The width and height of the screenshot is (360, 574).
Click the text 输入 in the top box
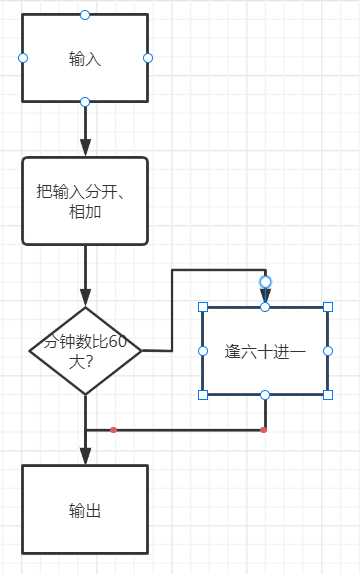pos(85,59)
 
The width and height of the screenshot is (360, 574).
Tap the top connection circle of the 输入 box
pos(85,14)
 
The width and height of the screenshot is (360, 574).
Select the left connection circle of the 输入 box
pos(22,58)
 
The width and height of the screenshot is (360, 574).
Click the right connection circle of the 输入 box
pos(148,58)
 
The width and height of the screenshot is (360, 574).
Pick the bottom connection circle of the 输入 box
pos(85,102)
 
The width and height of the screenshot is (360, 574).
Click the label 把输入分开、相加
pos(85,200)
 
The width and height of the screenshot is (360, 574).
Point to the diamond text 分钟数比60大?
pos(84,351)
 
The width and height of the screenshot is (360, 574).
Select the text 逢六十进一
pos(265,351)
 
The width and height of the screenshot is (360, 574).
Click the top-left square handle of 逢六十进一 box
pos(203,307)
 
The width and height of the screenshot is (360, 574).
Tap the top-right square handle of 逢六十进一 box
pos(328,307)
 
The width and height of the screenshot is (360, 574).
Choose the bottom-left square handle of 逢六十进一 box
pos(203,395)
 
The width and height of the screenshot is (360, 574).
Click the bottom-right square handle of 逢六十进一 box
pos(328,395)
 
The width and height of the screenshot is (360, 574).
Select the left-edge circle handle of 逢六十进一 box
pos(203,351)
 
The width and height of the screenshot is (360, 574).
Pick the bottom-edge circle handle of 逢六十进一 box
pos(265,395)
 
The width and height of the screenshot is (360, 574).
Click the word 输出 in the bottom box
pos(85,510)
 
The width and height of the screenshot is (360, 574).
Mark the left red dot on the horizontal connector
pos(113,430)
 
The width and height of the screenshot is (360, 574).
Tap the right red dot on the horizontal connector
pos(263,430)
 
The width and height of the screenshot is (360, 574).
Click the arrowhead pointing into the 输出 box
pos(85,456)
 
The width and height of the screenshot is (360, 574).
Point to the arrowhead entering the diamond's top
pos(85,298)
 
